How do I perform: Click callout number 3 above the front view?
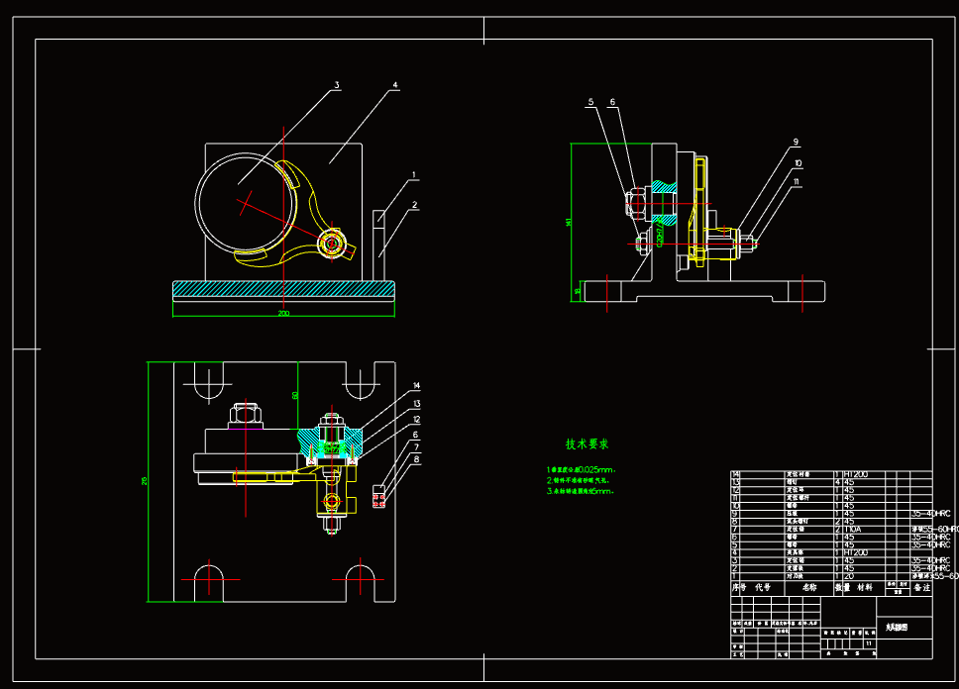(x=337, y=86)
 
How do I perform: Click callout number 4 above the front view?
(x=394, y=86)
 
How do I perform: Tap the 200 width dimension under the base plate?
(x=283, y=313)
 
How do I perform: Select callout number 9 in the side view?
(x=796, y=142)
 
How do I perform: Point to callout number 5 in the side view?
(x=589, y=102)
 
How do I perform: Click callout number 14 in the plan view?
(x=417, y=385)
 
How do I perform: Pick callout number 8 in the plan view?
(x=417, y=459)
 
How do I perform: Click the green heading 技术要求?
(x=587, y=443)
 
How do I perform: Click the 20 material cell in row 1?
(x=849, y=575)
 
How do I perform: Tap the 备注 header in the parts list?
(x=921, y=587)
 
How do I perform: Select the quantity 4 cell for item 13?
(x=837, y=482)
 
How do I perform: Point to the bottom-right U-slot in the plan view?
(x=360, y=581)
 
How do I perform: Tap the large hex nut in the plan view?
(x=244, y=411)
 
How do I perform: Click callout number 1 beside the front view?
(x=414, y=175)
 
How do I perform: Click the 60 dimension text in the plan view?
(x=294, y=395)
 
